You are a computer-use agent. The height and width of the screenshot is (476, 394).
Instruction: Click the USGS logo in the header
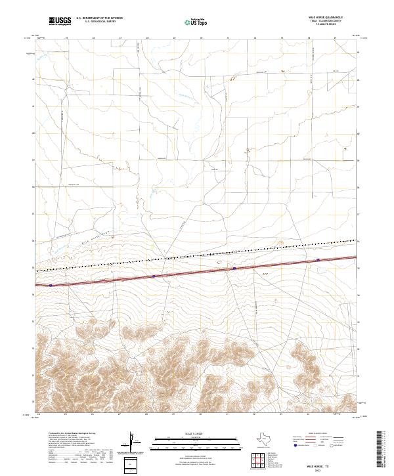tap(60, 21)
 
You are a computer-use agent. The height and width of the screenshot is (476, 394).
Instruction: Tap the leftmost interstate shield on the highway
tap(51, 286)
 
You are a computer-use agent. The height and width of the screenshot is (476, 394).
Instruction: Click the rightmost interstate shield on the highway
tap(318, 260)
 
